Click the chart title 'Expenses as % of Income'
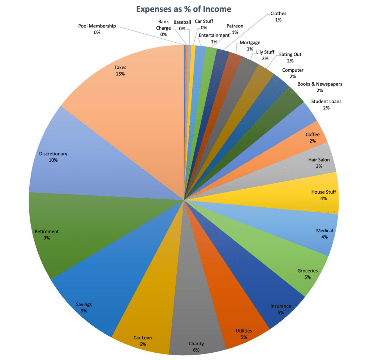(x=184, y=9)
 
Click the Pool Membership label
(x=97, y=29)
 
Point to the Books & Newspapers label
(x=319, y=87)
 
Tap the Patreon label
(x=235, y=29)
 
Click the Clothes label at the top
(x=278, y=17)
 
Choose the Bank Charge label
(x=163, y=28)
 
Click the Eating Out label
(x=290, y=58)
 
